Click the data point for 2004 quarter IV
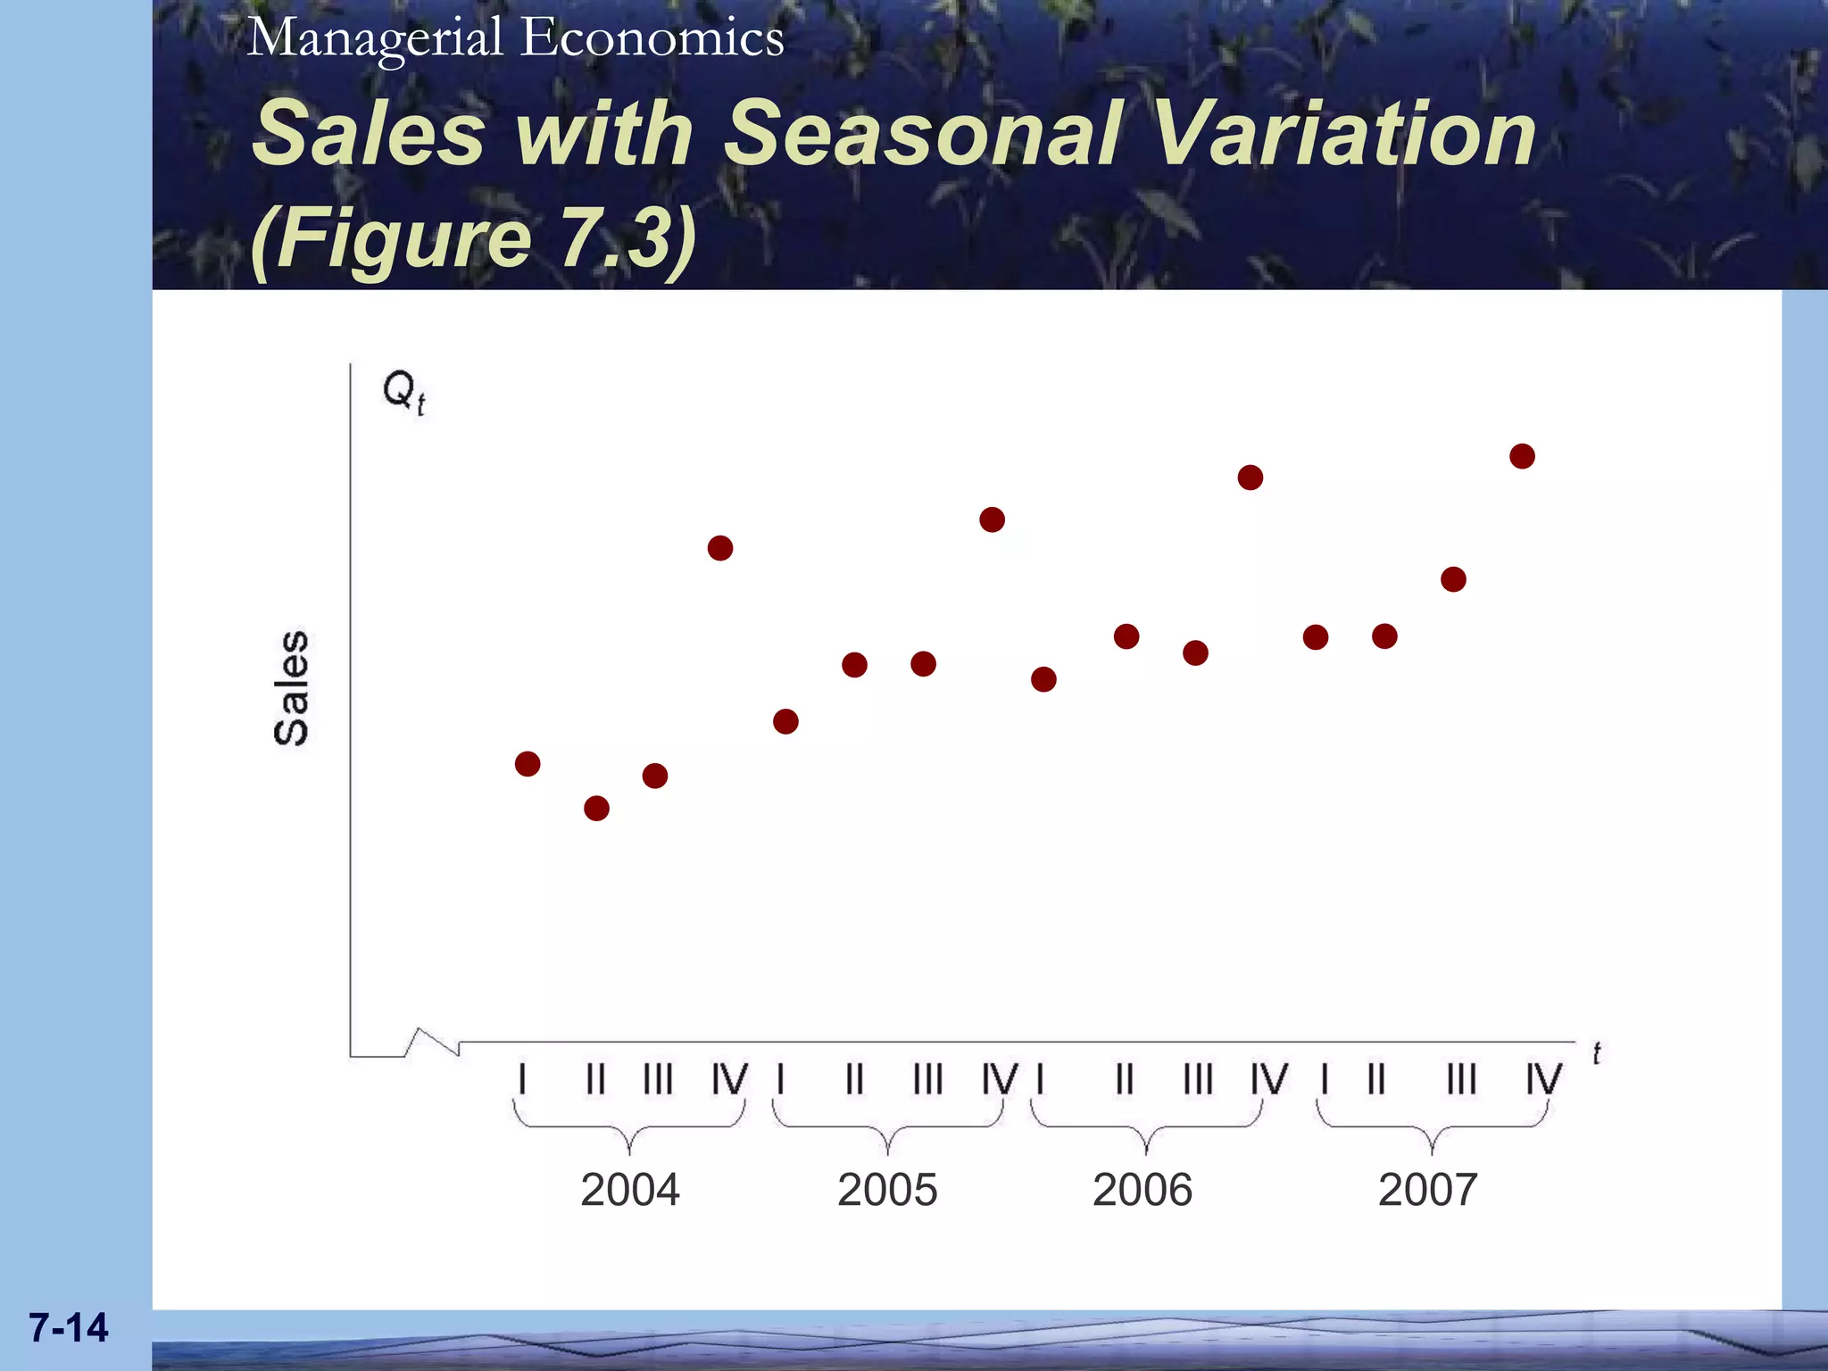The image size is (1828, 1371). [x=720, y=548]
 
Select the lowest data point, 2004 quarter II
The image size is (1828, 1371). [x=596, y=809]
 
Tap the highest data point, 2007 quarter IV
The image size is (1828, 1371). [x=1522, y=456]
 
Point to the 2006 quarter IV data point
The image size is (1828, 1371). [x=1251, y=478]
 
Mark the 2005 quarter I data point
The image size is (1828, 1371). [x=785, y=721]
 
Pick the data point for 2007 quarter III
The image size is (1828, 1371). [x=1453, y=579]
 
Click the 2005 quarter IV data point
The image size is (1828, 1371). [x=992, y=519]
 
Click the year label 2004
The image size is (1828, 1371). [x=629, y=1190]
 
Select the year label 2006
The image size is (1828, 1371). [x=1142, y=1190]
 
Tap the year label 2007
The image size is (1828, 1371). [x=1427, y=1190]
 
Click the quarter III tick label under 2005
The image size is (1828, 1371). [x=927, y=1079]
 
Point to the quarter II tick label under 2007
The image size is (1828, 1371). [x=1376, y=1079]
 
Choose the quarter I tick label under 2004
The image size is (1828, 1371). [x=522, y=1079]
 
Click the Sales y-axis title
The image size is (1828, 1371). [x=291, y=687]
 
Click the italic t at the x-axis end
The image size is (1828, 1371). [x=1596, y=1054]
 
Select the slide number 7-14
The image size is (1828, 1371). [x=69, y=1327]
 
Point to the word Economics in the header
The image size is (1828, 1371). [x=652, y=38]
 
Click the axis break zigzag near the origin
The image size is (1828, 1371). [x=433, y=1042]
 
